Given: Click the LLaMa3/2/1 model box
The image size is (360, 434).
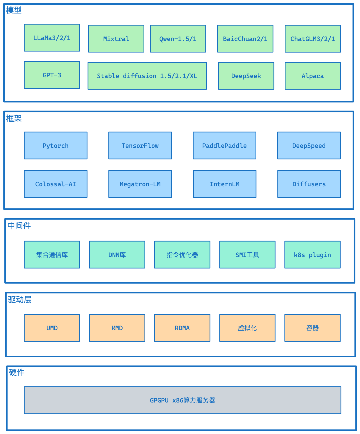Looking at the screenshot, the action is coord(52,38).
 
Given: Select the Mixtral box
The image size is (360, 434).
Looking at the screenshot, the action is coord(116,39).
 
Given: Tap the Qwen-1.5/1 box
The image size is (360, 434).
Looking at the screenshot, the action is coord(178,39).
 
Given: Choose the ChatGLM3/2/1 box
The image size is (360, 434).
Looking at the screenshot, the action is coord(313,39).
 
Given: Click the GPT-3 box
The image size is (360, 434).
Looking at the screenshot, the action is coord(52,75).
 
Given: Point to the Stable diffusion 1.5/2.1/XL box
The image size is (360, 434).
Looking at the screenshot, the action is coord(147,76).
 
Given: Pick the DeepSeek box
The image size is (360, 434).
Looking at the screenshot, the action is coord(246,76).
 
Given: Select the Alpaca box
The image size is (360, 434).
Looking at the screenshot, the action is coord(313,76).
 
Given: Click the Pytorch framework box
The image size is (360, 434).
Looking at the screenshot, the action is coord(56,145).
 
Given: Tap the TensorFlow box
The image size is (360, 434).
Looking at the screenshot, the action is coord(140,145).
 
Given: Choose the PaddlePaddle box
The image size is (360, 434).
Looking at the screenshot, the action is coord(224,145).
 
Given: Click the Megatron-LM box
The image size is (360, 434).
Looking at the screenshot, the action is coord(140,184).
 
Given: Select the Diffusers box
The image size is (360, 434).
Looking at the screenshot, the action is coord(309,184).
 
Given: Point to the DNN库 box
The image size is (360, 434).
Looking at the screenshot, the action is coord(117,255).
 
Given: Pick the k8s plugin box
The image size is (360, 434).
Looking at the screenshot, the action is coord(312,255).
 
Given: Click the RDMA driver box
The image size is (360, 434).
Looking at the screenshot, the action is coord(182,328).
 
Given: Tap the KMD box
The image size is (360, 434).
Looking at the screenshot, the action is coord(117,328).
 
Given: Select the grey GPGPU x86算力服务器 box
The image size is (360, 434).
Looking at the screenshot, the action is coord(182,400).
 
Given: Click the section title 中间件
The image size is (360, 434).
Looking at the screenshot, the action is coord(19,226).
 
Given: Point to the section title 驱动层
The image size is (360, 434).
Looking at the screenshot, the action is coord(20,300).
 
